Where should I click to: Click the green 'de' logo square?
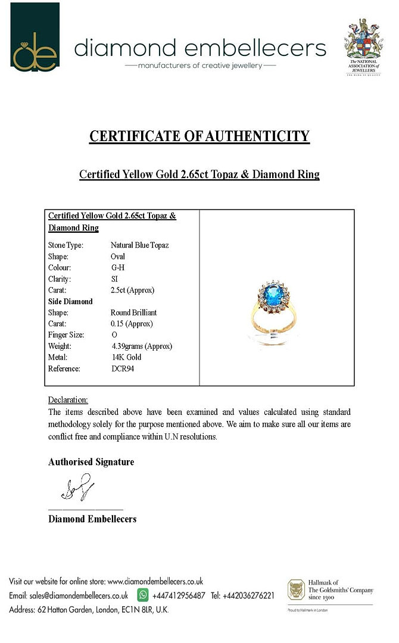[35, 37]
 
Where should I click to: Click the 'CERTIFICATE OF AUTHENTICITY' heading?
[199, 136]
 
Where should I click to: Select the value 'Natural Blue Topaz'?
[139, 245]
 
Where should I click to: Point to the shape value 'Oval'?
[118, 257]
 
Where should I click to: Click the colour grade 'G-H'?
[118, 268]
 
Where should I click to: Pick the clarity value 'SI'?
[114, 279]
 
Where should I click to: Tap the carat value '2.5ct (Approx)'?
[132, 291]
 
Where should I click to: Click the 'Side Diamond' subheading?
[70, 302]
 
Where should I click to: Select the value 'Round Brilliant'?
[133, 313]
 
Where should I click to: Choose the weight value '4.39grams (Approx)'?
[142, 347]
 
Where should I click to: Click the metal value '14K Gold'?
[126, 358]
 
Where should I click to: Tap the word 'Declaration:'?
[68, 400]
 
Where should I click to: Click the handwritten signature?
[77, 488]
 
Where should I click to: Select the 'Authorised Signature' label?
[91, 462]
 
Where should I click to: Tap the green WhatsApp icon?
[143, 595]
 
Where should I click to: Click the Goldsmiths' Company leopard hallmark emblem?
[296, 590]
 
